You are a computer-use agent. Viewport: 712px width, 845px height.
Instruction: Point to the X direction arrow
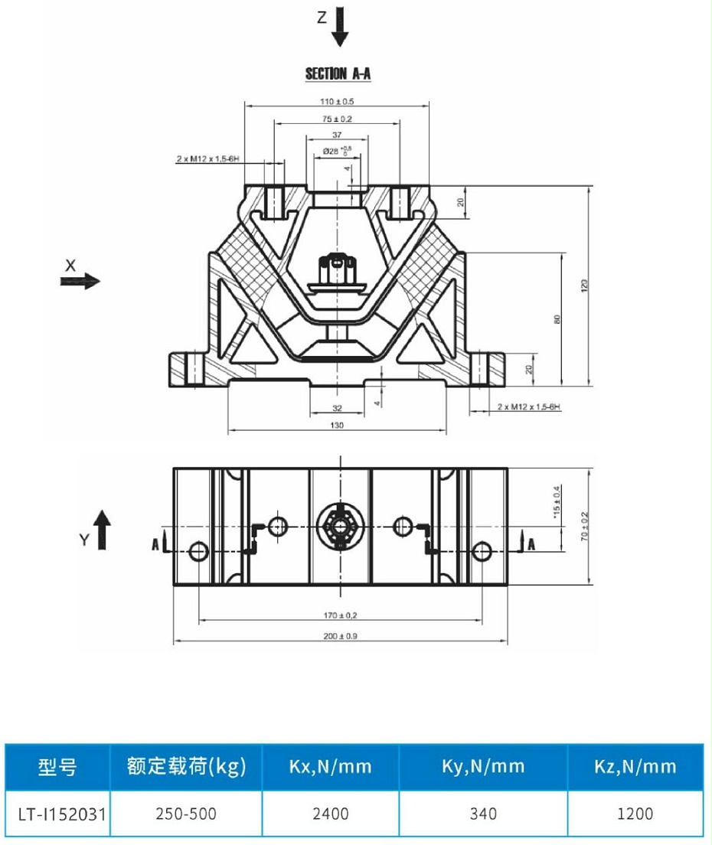(80, 281)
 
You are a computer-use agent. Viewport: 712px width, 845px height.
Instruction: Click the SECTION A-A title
(338, 74)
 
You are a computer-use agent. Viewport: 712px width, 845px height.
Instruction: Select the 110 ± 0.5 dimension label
(337, 101)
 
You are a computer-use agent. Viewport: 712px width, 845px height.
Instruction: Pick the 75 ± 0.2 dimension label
(337, 119)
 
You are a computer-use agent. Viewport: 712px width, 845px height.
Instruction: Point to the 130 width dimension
(337, 425)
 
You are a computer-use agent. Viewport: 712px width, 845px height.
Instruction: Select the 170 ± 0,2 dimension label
(339, 615)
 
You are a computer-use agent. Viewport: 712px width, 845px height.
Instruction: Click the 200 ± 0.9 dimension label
(339, 636)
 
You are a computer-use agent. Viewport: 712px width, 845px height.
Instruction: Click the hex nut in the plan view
(339, 525)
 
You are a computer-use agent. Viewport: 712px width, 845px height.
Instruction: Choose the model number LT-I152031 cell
(56, 812)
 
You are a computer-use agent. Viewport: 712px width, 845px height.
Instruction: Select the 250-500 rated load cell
(186, 812)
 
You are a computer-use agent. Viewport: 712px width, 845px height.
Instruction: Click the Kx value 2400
(331, 812)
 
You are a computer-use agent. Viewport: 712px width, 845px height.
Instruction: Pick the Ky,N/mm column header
(483, 766)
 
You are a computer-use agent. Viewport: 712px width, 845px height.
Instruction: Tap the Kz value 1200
(635, 812)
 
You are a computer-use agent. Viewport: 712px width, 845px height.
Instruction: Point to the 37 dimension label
(337, 134)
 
